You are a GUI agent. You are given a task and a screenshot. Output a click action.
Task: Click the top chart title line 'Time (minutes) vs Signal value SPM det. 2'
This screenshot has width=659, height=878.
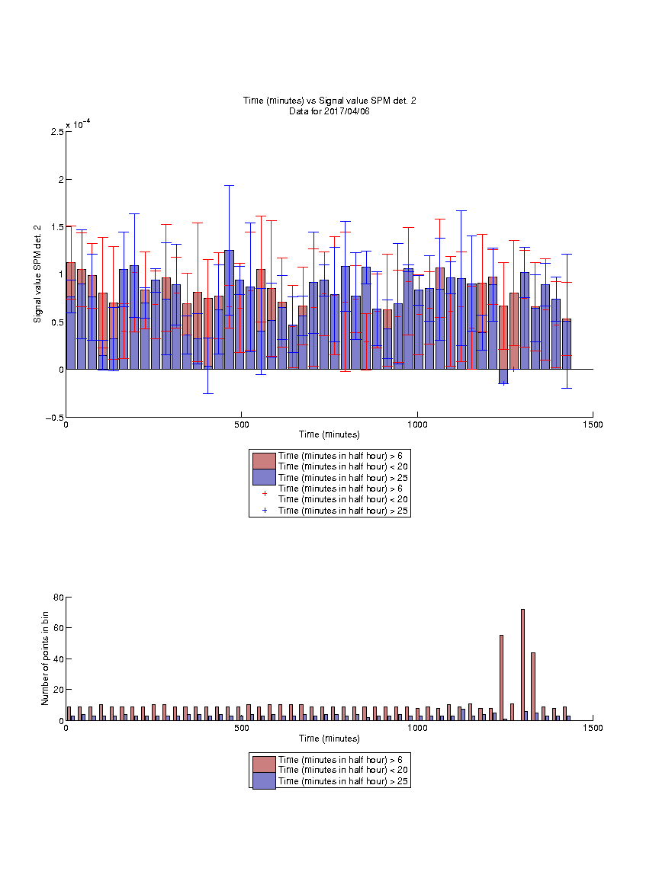coord(329,101)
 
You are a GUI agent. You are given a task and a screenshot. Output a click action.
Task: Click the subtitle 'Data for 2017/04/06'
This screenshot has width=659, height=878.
coord(329,111)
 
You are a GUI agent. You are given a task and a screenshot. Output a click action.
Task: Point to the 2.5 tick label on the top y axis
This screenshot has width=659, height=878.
coord(57,132)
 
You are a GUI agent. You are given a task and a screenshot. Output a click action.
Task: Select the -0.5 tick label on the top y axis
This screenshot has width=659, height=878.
coord(55,418)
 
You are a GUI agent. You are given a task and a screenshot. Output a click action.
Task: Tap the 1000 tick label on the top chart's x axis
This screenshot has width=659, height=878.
coord(417,425)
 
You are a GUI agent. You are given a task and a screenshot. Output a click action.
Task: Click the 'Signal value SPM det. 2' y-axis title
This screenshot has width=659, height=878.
coord(37,274)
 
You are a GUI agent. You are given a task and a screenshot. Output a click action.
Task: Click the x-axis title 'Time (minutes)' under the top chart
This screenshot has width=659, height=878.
coord(329,434)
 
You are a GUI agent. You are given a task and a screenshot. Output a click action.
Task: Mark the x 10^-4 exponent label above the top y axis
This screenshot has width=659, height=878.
coord(78,123)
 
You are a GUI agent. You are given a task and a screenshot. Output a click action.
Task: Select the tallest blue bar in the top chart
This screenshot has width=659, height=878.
coord(229,309)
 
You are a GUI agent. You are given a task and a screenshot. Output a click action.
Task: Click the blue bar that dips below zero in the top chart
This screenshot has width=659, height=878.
coord(503,377)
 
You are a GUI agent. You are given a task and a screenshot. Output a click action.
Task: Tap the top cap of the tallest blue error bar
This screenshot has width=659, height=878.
coord(229,185)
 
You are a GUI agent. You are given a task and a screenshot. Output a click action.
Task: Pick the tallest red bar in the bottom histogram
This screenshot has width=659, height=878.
coord(522,665)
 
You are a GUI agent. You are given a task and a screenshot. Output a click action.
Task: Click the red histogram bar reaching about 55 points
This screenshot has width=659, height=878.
coord(502,678)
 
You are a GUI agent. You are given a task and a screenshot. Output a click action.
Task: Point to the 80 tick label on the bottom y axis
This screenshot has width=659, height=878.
coord(59,598)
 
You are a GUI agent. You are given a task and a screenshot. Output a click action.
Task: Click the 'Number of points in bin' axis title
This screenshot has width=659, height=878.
coord(46,658)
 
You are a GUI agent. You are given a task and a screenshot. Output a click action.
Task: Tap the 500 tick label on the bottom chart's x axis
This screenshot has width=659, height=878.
coord(242,728)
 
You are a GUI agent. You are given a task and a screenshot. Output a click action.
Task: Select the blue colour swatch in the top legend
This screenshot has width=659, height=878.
coord(264,477)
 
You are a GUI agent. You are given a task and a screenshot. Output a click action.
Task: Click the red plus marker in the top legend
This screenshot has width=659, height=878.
coord(265,493)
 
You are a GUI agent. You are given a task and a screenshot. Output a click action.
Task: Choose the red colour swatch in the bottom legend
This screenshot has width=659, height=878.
coord(264,764)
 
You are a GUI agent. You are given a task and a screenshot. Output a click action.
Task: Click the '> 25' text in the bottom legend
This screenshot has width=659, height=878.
coord(399,781)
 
